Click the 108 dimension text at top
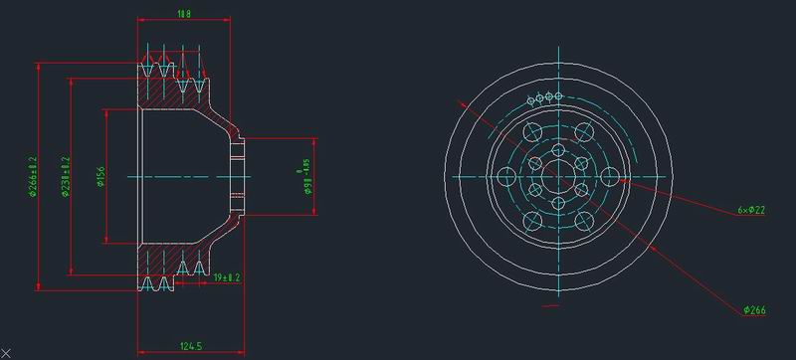pos(183,14)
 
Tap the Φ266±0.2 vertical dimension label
pos(32,177)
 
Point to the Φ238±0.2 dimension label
pos(65,177)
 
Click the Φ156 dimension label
pos(99,177)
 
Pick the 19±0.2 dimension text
pos(227,277)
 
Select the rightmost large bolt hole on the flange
pos(609,177)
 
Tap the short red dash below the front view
pos(549,307)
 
